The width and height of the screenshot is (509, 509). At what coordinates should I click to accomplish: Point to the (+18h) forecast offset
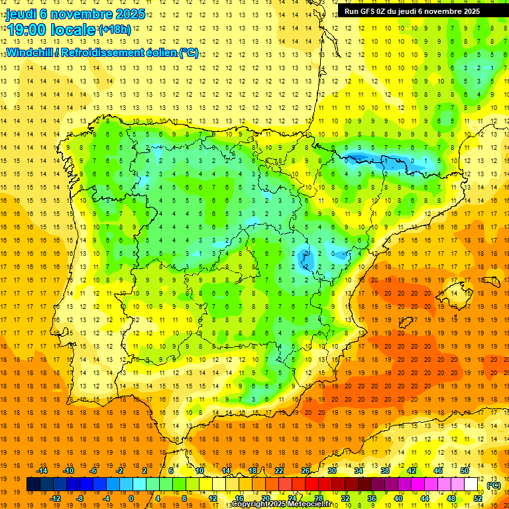pyautogui.click(x=115, y=30)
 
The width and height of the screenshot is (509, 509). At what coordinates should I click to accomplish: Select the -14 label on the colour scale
pyautogui.click(x=44, y=471)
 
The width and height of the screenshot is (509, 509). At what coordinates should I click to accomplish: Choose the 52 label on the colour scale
pyautogui.click(x=478, y=498)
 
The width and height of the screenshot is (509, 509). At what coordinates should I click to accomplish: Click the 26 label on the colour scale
pyautogui.click(x=306, y=471)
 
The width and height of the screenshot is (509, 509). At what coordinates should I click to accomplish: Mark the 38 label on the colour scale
pyautogui.click(x=384, y=471)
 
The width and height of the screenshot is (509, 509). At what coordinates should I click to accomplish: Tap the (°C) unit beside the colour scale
pyautogui.click(x=493, y=485)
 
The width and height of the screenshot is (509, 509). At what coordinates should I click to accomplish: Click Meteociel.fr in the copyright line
pyautogui.click(x=311, y=504)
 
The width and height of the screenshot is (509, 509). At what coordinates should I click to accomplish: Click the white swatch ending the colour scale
pyautogui.click(x=471, y=484)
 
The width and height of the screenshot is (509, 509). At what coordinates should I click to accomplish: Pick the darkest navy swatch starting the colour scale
pyautogui.click(x=33, y=484)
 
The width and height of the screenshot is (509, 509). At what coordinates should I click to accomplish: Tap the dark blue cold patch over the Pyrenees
pyautogui.click(x=361, y=158)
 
